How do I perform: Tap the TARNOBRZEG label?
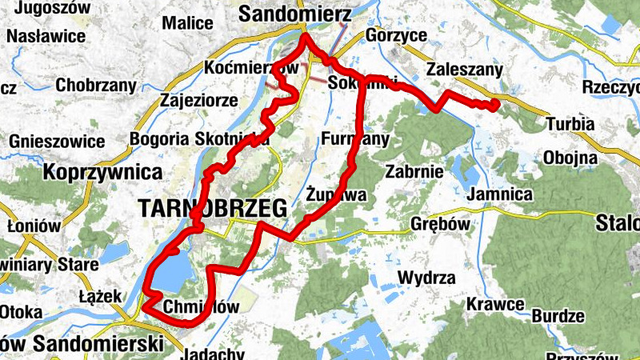(x=212, y=209)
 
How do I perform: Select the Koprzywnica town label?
(x=103, y=172)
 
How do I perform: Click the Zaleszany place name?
(x=466, y=70)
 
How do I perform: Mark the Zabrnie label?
(x=414, y=170)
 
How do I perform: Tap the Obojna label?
(x=570, y=156)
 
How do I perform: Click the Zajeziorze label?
(x=198, y=102)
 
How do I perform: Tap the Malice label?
(x=187, y=23)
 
